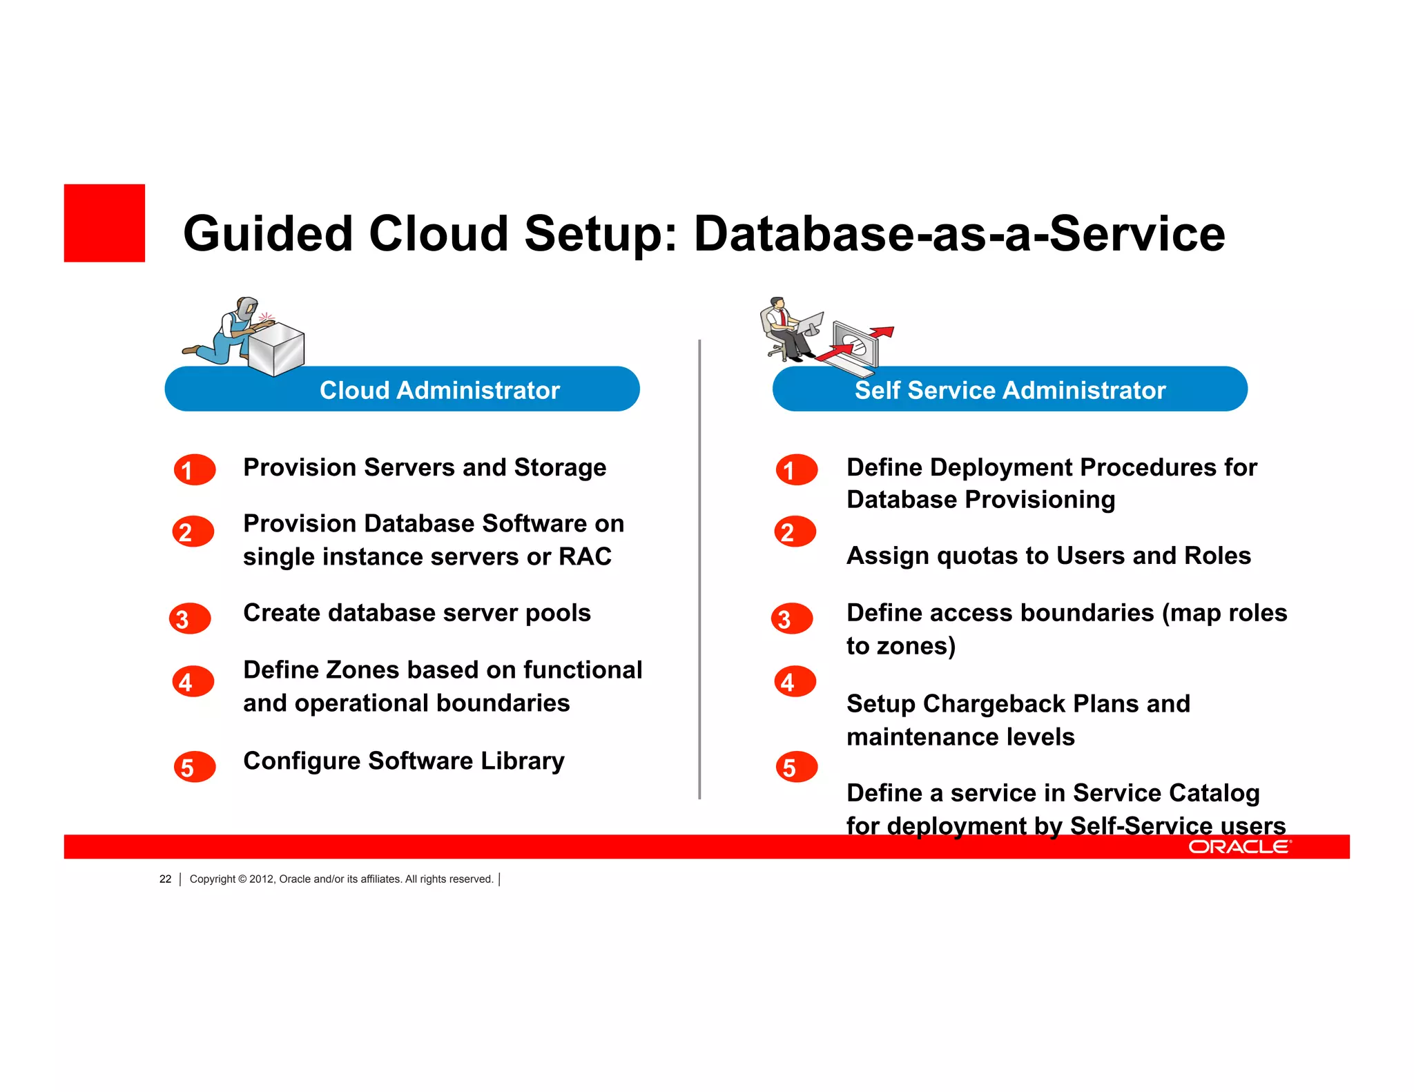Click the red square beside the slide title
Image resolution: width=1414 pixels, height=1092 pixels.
(x=104, y=223)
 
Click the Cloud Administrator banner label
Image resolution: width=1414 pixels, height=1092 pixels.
(x=439, y=390)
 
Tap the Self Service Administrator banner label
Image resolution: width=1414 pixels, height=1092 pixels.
(x=1009, y=390)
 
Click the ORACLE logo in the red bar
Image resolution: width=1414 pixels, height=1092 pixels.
(x=1239, y=847)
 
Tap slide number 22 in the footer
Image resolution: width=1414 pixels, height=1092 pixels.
(x=165, y=879)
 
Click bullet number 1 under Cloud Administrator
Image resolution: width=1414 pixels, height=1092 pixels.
(x=194, y=470)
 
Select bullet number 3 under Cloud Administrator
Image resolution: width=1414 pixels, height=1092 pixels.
(x=190, y=618)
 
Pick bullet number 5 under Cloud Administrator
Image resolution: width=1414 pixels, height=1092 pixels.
(x=195, y=767)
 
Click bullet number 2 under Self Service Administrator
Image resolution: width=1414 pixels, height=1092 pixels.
(x=795, y=532)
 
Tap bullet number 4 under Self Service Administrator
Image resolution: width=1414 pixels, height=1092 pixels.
(x=795, y=682)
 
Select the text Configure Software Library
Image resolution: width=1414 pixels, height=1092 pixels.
(x=404, y=761)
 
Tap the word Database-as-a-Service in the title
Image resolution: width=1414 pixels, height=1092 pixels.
(x=959, y=233)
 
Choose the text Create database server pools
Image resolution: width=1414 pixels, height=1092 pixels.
(x=417, y=613)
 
